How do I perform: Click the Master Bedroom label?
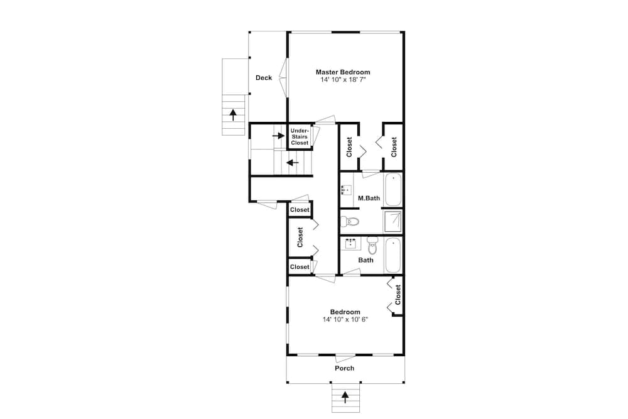pyautogui.click(x=343, y=72)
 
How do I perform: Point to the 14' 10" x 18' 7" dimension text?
pyautogui.click(x=343, y=80)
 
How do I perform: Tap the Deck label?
pyautogui.click(x=264, y=78)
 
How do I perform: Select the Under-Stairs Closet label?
pyautogui.click(x=300, y=136)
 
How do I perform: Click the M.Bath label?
pyautogui.click(x=369, y=198)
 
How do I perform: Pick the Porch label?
pyautogui.click(x=344, y=368)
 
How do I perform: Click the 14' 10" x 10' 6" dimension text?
pyautogui.click(x=345, y=319)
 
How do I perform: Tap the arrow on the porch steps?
pyautogui.click(x=345, y=397)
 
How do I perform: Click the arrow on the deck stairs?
pyautogui.click(x=233, y=114)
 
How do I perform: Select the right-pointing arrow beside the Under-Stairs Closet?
pyautogui.click(x=278, y=136)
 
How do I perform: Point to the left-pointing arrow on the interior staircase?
pyautogui.click(x=293, y=163)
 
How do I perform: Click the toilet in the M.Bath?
pyautogui.click(x=350, y=221)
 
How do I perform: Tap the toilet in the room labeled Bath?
pyautogui.click(x=372, y=245)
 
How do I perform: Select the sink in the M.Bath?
pyautogui.click(x=346, y=190)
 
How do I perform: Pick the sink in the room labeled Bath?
pyautogui.click(x=351, y=243)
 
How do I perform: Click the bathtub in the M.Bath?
pyautogui.click(x=393, y=189)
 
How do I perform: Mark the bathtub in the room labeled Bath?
pyautogui.click(x=392, y=255)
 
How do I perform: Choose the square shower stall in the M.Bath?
pyautogui.click(x=392, y=222)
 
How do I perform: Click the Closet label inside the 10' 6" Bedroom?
pyautogui.click(x=398, y=295)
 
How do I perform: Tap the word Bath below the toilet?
pyautogui.click(x=365, y=260)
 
